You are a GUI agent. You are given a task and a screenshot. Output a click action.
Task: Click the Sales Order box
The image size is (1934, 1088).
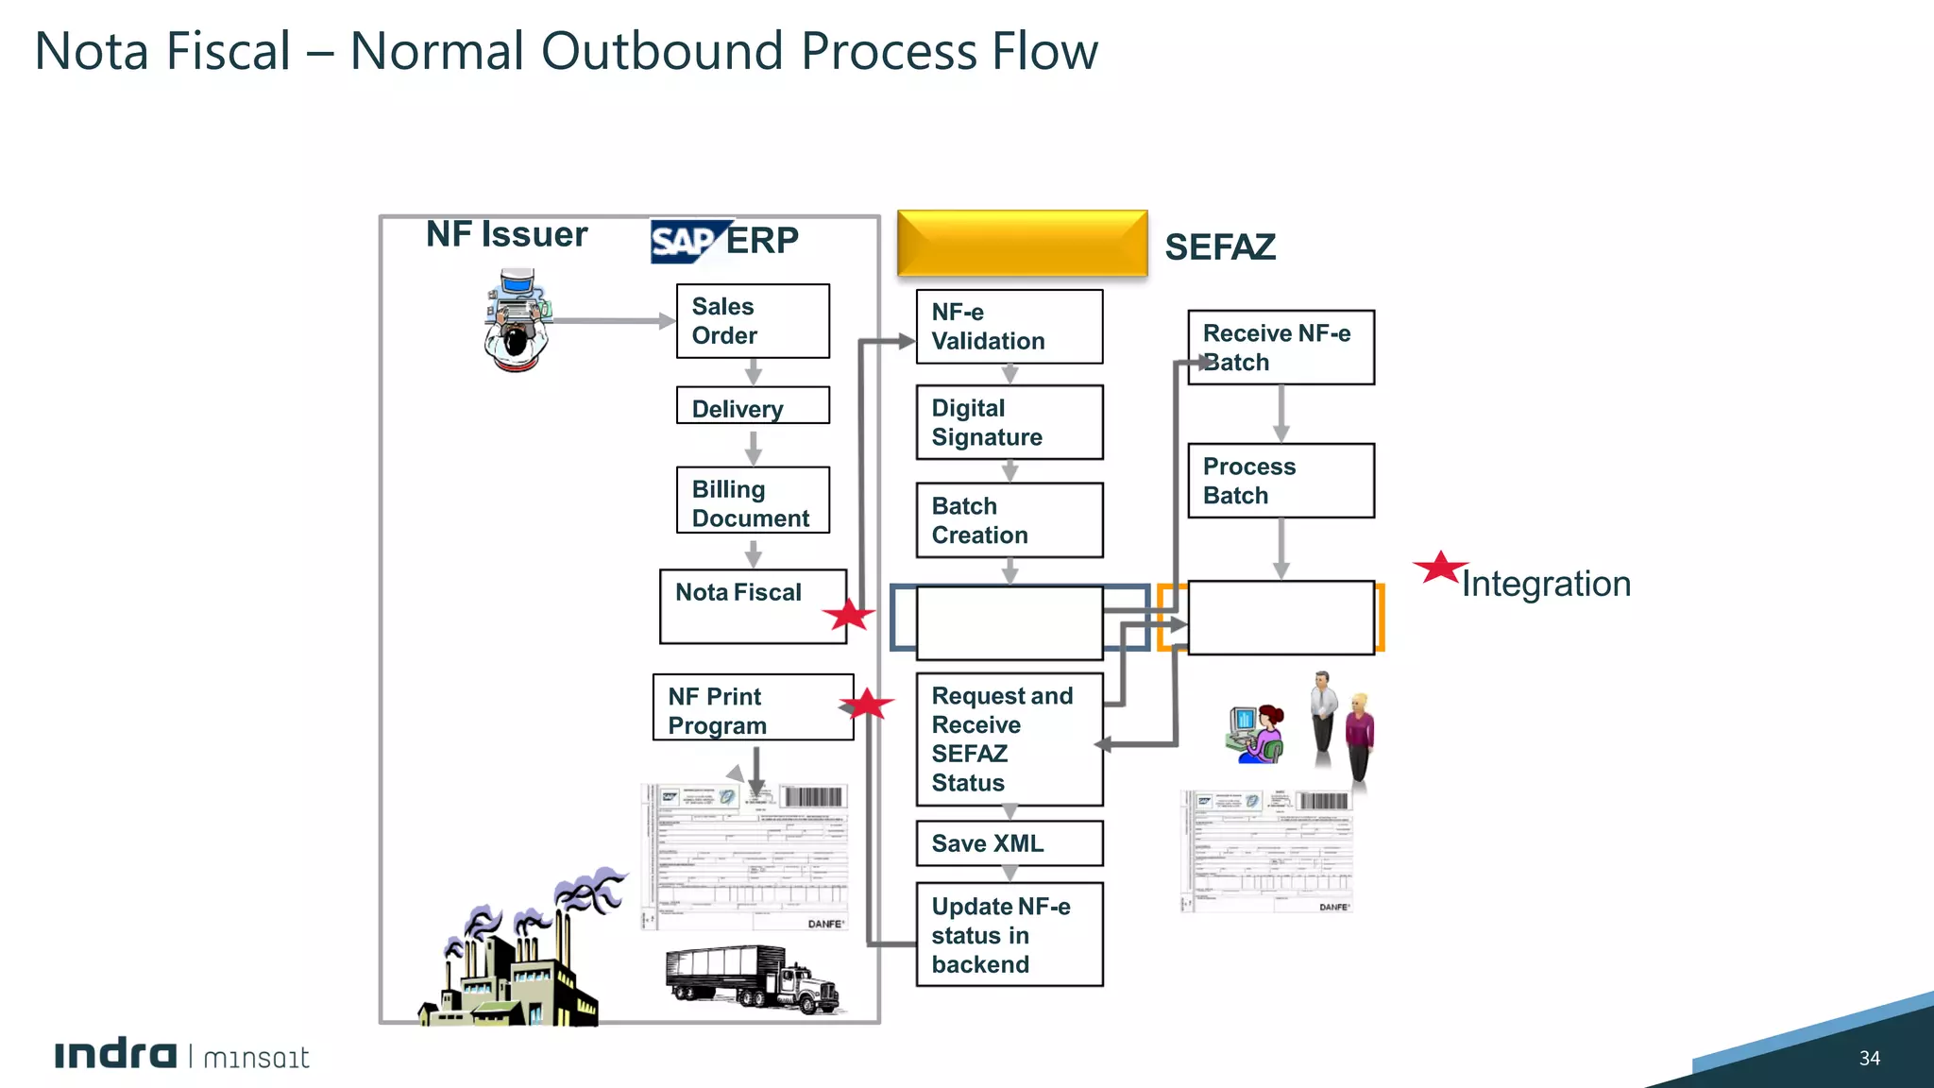pyautogui.click(x=753, y=321)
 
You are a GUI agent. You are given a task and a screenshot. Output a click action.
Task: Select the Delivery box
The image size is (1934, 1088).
pyautogui.click(x=753, y=406)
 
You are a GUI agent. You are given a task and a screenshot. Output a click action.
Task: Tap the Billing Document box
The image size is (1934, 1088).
pyautogui.click(x=753, y=501)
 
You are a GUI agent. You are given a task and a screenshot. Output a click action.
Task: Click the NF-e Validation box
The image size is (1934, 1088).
pyautogui.click(x=1009, y=327)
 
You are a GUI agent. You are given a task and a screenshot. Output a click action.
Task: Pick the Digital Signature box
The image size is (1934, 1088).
pyautogui.click(x=1009, y=422)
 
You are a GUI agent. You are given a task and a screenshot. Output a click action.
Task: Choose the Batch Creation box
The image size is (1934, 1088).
pyautogui.click(x=1009, y=520)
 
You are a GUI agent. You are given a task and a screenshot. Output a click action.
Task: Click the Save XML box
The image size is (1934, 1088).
pyautogui.click(x=1009, y=843)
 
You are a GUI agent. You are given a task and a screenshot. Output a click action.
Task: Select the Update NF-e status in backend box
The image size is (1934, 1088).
pyautogui.click(x=1009, y=935)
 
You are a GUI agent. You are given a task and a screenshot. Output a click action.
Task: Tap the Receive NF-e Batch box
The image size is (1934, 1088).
pyautogui.click(x=1281, y=348)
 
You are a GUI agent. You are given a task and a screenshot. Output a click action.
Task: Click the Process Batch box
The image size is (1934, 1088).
pyautogui.click(x=1281, y=481)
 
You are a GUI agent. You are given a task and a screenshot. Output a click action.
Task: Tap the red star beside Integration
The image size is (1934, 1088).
pyautogui.click(x=1439, y=568)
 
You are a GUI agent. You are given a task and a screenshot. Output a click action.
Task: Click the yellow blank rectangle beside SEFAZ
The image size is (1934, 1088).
pyautogui.click(x=1022, y=244)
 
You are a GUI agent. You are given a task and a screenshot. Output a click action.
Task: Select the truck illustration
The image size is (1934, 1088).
pyautogui.click(x=753, y=978)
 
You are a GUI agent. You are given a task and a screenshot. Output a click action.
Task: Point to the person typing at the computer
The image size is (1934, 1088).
pyautogui.click(x=516, y=321)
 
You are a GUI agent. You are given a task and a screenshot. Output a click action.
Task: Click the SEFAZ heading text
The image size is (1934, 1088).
pyautogui.click(x=1220, y=247)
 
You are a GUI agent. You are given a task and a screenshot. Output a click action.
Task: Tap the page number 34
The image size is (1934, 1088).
pyautogui.click(x=1869, y=1059)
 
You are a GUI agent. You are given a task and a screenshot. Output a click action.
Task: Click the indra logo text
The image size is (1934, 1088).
pyautogui.click(x=115, y=1055)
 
